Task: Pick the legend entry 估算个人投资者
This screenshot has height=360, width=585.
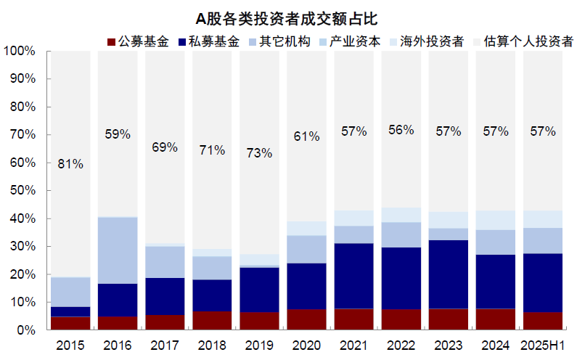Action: pyautogui.click(x=530, y=41)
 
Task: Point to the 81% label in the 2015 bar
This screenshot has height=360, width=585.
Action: pyautogui.click(x=70, y=164)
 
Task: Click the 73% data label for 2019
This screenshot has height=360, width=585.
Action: pyautogui.click(x=259, y=153)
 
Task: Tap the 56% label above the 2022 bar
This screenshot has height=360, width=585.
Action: pyautogui.click(x=401, y=130)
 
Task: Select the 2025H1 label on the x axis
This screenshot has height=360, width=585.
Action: pyautogui.click(x=542, y=345)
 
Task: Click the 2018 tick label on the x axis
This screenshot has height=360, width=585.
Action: pyautogui.click(x=212, y=345)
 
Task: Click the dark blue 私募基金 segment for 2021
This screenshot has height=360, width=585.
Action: pyautogui.click(x=353, y=276)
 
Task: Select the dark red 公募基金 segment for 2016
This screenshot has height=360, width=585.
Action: pyautogui.click(x=118, y=323)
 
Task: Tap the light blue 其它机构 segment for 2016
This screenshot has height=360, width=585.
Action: pyautogui.click(x=118, y=250)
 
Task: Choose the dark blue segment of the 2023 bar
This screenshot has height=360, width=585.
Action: pyautogui.click(x=448, y=274)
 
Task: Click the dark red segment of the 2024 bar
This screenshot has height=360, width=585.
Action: pyautogui.click(x=495, y=319)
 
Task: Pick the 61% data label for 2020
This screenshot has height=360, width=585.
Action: pyautogui.click(x=306, y=136)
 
